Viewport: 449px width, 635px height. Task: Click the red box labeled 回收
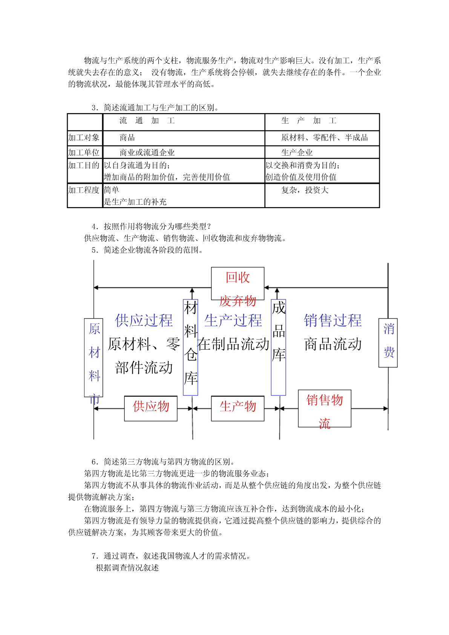coord(238,283)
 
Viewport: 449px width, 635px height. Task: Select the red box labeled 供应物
coord(151,408)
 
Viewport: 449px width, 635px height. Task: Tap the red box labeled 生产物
coord(238,408)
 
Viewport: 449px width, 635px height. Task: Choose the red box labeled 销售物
coord(325,408)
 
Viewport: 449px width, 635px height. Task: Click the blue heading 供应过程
coord(144,321)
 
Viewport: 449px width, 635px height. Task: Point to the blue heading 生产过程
coord(233,321)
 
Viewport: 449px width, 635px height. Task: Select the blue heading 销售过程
coord(333,321)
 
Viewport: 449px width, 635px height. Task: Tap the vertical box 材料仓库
coord(190,347)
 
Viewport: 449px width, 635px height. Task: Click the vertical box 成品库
coord(279,347)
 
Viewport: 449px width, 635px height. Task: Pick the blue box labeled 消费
coord(388,342)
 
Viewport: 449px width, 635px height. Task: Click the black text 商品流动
coord(333,344)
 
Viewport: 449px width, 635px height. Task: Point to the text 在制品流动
coord(233,344)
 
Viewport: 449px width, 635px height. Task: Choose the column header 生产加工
coord(308,121)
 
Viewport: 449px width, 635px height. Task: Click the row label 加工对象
coord(84,138)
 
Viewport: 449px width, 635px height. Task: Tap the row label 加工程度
coord(84,190)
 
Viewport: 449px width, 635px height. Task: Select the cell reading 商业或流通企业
coord(147,153)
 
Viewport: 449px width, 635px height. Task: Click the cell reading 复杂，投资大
coord(305,190)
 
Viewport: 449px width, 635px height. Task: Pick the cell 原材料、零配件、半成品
coord(324,138)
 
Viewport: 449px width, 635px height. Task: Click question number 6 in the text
coord(95,462)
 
